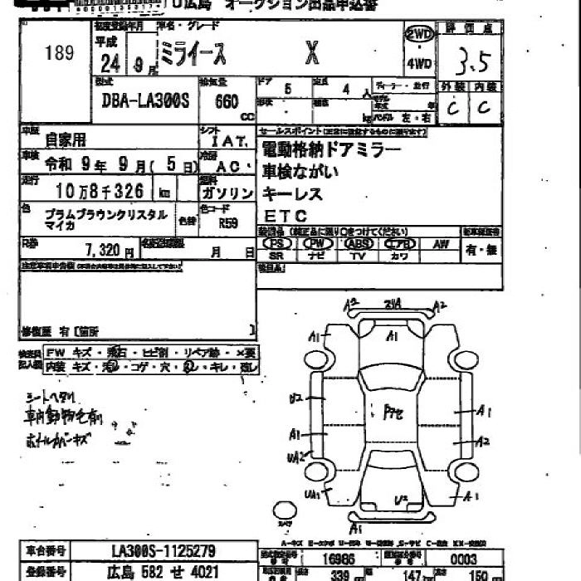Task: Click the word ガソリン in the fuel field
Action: (x=229, y=193)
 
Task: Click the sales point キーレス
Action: (x=292, y=194)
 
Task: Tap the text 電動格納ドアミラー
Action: (x=331, y=149)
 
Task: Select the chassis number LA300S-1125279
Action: (x=164, y=550)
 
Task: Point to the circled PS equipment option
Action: (x=276, y=244)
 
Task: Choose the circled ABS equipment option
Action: (x=359, y=244)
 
